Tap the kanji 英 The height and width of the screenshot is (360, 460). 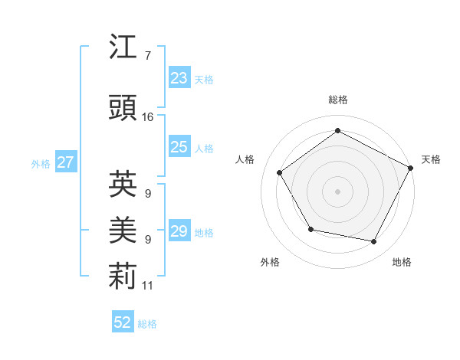pos(123,183)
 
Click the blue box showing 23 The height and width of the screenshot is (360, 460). pos(179,78)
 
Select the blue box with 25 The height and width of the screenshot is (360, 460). pos(179,147)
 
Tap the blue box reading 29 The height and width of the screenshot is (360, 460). pos(179,231)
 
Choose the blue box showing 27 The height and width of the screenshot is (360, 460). pos(65,162)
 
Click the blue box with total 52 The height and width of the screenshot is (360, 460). pos(123,322)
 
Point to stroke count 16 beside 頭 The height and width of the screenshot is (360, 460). pos(147,117)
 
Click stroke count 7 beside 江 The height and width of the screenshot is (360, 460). pos(147,56)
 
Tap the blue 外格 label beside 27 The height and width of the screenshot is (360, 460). pos(40,163)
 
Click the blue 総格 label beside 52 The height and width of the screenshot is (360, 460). pos(147,324)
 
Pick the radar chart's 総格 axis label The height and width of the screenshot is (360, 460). pos(337,100)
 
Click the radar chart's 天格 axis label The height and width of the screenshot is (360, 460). pos(431,159)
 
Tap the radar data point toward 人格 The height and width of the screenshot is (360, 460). pos(280,173)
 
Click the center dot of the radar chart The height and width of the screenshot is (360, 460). pos(337,191)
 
